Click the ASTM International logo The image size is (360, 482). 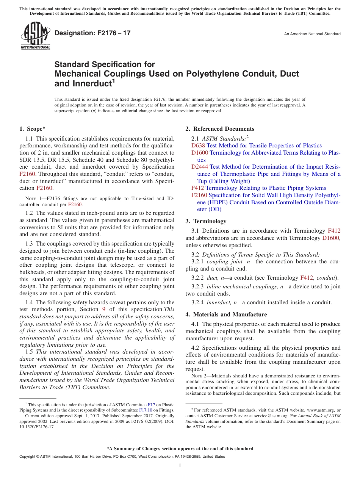35,36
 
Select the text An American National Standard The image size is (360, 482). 312,34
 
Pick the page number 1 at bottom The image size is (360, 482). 180,466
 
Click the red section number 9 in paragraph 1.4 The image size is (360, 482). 103,309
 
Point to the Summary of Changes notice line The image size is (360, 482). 180,449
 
